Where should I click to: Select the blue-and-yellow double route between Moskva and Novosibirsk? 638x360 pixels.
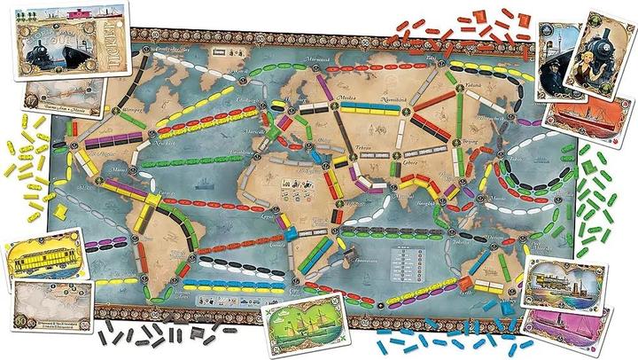[366, 111]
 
